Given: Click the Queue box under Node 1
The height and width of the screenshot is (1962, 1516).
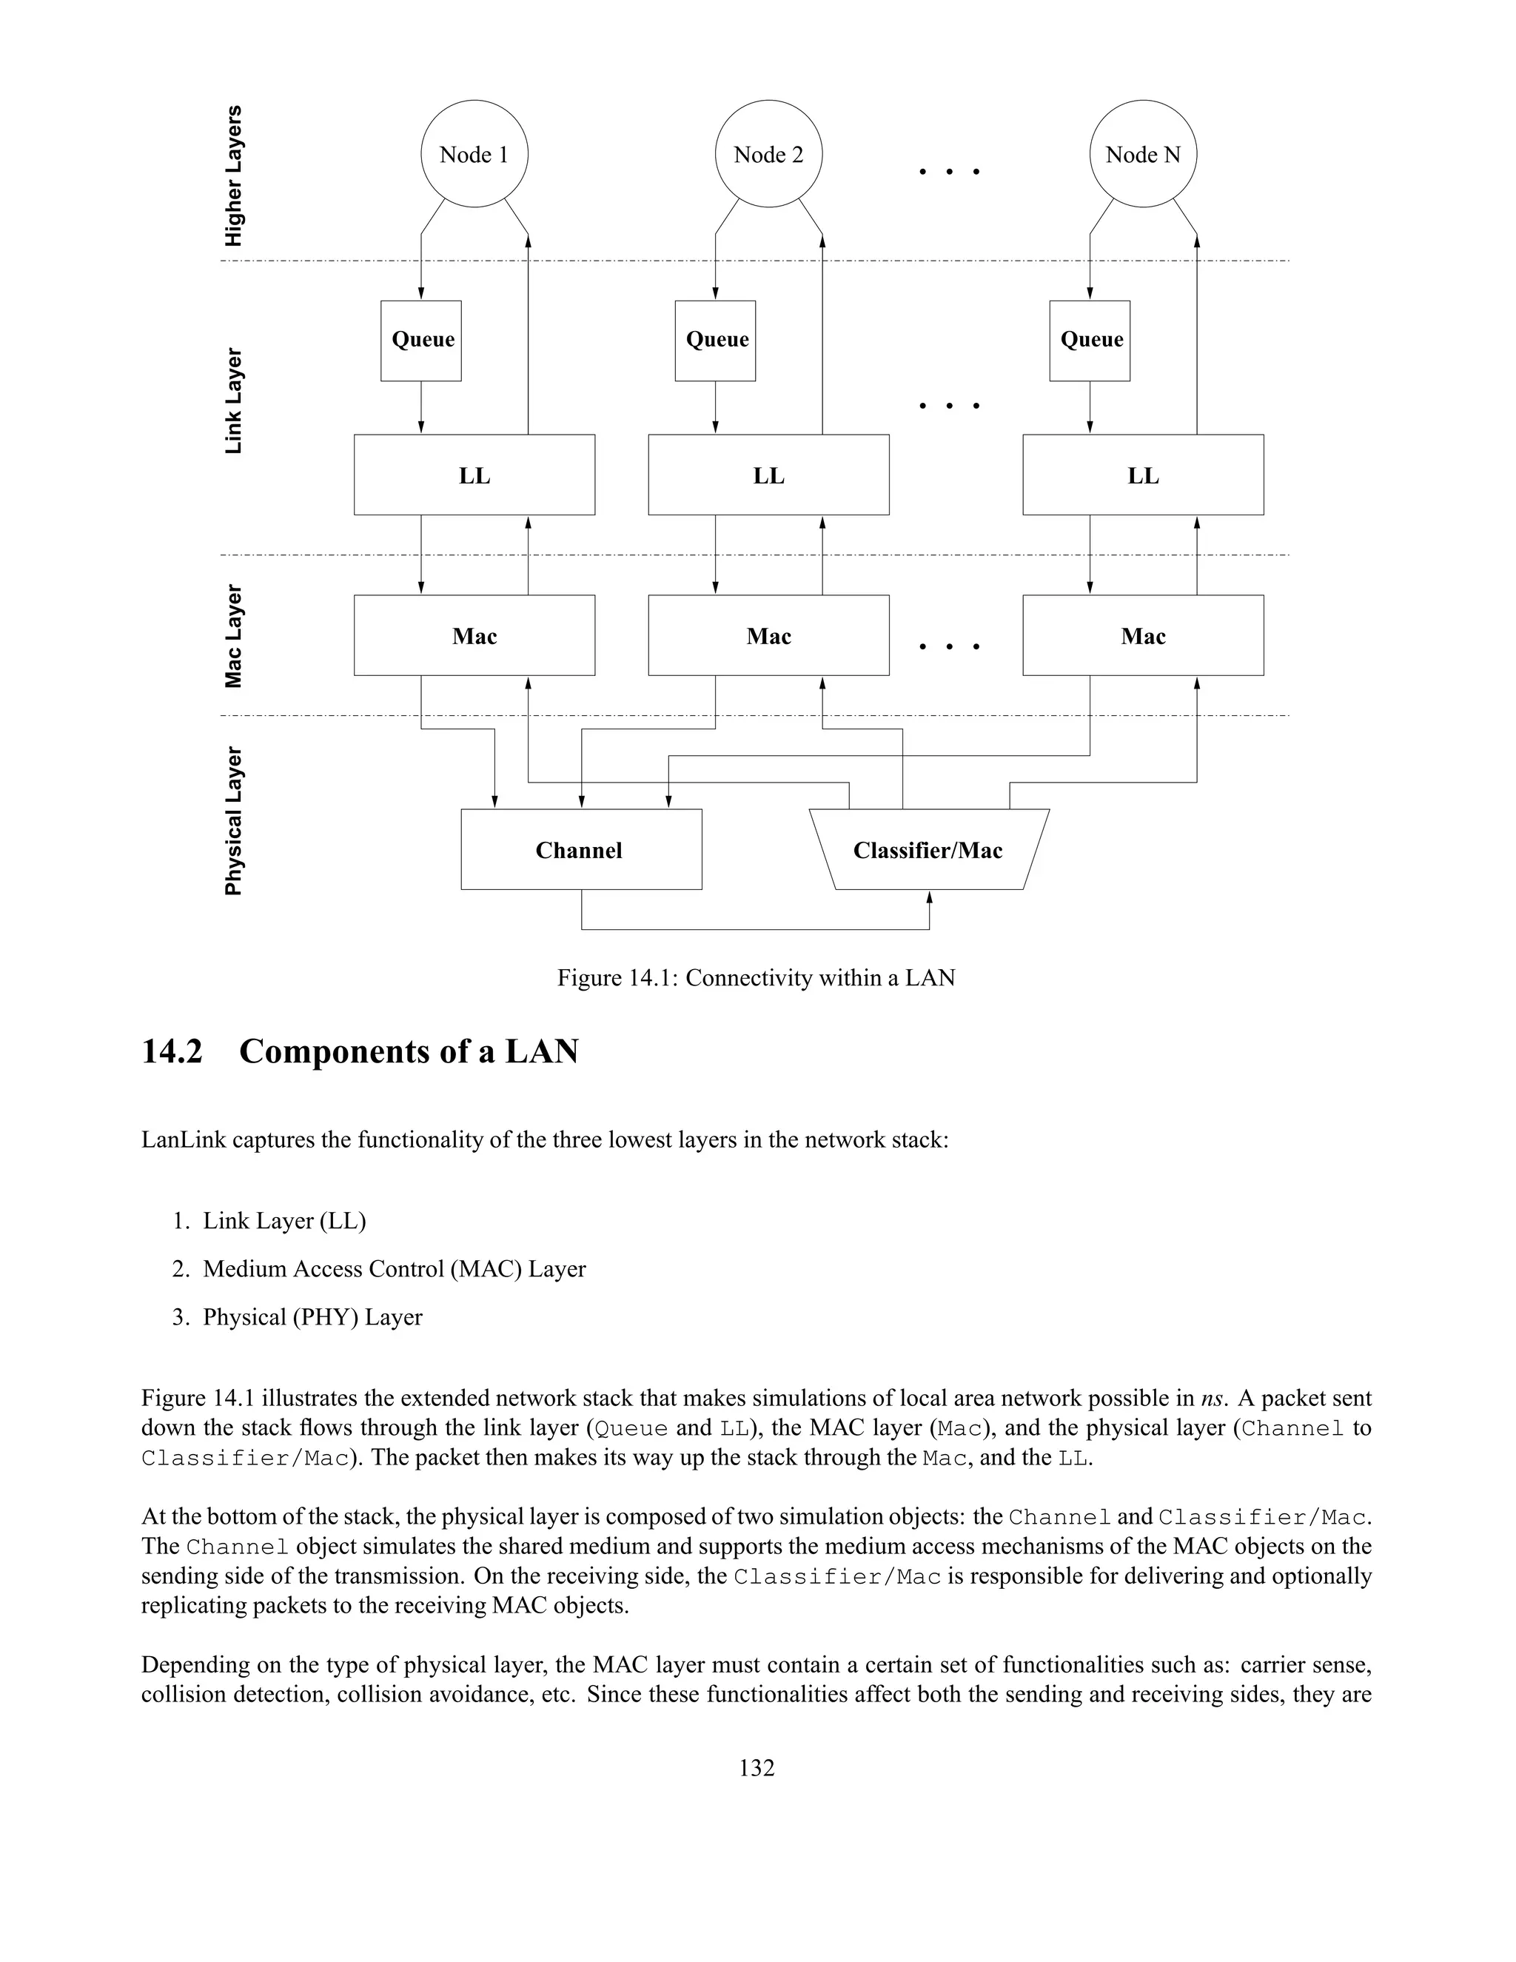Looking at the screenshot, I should (x=421, y=341).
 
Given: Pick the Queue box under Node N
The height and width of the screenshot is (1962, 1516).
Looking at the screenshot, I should (x=1090, y=341).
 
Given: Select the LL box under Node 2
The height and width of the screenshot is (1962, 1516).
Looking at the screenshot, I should (x=769, y=475).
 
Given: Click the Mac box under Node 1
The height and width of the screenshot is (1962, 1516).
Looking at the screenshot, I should (x=474, y=635).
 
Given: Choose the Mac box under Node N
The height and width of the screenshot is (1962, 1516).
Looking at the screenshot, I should (x=1142, y=635).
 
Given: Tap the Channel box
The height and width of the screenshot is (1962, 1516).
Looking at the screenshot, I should (x=581, y=850).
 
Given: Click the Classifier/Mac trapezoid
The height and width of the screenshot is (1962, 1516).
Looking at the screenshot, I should (x=929, y=850).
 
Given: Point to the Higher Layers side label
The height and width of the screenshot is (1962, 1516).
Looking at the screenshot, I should (x=233, y=176).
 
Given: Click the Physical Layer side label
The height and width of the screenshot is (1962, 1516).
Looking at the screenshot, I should (x=233, y=821).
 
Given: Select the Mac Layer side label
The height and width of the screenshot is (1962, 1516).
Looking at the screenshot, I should (x=233, y=636).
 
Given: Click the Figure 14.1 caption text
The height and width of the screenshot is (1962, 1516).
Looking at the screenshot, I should (x=757, y=977).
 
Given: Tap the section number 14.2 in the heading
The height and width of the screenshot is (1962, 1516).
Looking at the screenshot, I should (x=172, y=1051).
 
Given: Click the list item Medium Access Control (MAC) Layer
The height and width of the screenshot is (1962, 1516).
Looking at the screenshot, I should (x=395, y=1268).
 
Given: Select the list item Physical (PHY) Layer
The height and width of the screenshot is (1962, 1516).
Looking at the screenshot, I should (x=312, y=1317).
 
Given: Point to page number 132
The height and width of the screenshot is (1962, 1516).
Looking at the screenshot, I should (x=757, y=1768).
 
